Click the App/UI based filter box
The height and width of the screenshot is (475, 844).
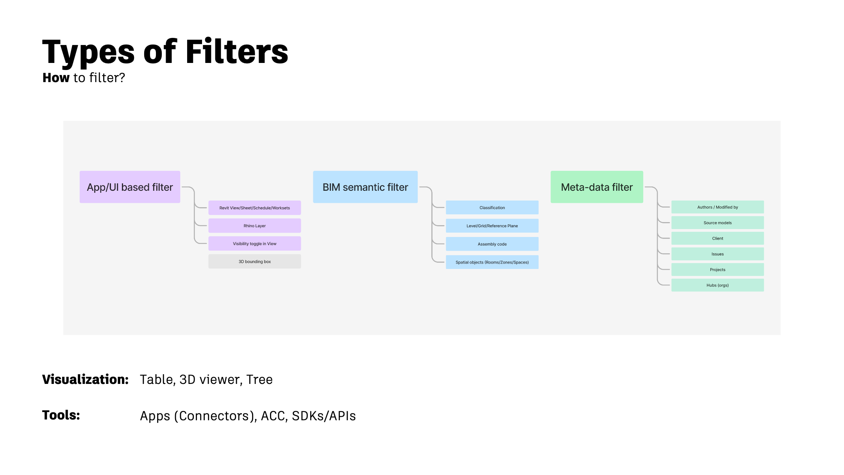pyautogui.click(x=130, y=187)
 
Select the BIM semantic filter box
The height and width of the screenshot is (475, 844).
pyautogui.click(x=365, y=187)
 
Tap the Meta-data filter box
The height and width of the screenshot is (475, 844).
pyautogui.click(x=597, y=187)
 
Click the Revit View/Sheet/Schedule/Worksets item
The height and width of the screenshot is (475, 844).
pyautogui.click(x=254, y=208)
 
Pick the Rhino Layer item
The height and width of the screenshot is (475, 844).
pyautogui.click(x=254, y=226)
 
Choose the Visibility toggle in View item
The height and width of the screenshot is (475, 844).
pyautogui.click(x=254, y=244)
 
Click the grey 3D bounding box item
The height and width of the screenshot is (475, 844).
pyautogui.click(x=254, y=262)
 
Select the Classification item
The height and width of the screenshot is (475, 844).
pyautogui.click(x=492, y=208)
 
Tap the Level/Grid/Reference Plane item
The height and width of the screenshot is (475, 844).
pyautogui.click(x=492, y=226)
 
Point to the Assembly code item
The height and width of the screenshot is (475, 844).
pyautogui.click(x=492, y=244)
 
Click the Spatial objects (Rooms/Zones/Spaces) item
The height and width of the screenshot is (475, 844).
pyautogui.click(x=492, y=262)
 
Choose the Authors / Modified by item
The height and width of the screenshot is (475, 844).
pyautogui.click(x=717, y=207)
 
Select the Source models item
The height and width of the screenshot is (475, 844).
pyautogui.click(x=717, y=223)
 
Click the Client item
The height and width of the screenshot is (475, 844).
pyautogui.click(x=717, y=238)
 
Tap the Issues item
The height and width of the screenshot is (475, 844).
pyautogui.click(x=717, y=254)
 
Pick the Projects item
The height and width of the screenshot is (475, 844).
pyautogui.click(x=717, y=270)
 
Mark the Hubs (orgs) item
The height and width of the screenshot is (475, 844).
pyautogui.click(x=717, y=285)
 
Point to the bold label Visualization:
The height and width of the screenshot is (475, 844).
pyautogui.click(x=85, y=379)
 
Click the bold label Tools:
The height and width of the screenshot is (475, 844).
pyautogui.click(x=61, y=415)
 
